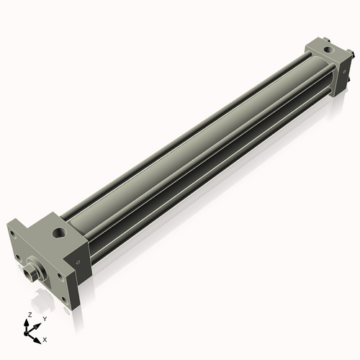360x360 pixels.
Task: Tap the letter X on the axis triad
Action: click(x=45, y=338)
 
